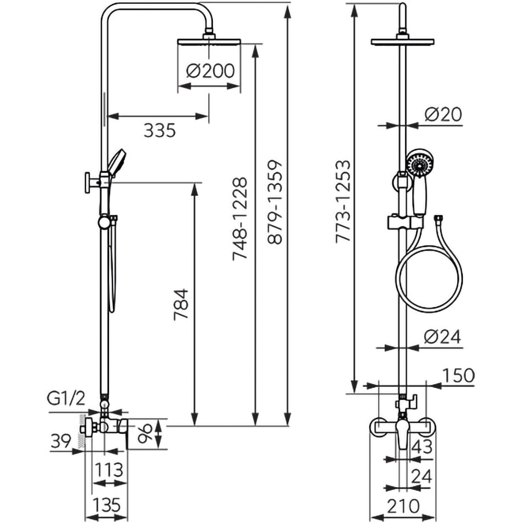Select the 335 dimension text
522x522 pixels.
159,130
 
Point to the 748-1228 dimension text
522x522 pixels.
240,219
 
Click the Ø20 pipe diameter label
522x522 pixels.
443,114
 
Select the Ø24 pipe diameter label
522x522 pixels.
443,338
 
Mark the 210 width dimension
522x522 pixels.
403,505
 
